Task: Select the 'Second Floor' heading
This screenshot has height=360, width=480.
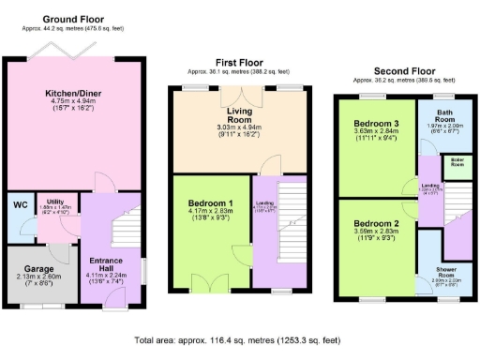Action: point(405,71)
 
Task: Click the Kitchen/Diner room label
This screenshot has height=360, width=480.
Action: point(77,94)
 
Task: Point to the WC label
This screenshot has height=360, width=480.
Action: point(19,205)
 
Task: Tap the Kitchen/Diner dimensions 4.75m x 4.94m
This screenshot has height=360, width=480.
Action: point(77,103)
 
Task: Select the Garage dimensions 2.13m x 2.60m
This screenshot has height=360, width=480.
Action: point(39,277)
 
